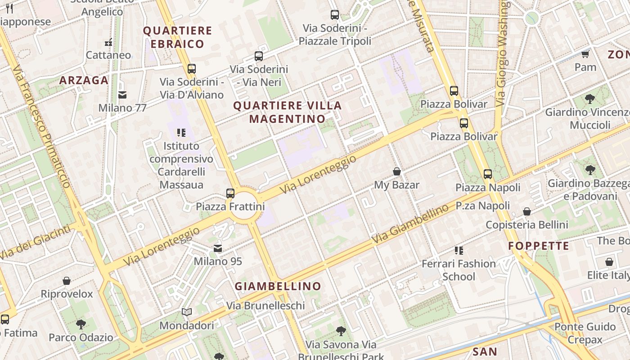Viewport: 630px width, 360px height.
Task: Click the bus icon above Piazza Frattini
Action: tap(230, 193)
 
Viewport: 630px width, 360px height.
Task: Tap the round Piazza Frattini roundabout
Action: tap(244, 206)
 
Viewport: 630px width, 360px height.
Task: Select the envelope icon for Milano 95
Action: tap(218, 248)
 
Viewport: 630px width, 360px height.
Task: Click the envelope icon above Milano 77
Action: tap(122, 95)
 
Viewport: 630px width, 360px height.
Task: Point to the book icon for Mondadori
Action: tap(187, 312)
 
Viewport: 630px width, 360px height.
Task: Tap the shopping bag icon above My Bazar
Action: tap(397, 171)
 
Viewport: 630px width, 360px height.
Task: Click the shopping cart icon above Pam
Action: tap(585, 54)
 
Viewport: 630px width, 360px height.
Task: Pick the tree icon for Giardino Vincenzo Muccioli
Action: tap(589, 99)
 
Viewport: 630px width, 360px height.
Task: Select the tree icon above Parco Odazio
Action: tap(81, 324)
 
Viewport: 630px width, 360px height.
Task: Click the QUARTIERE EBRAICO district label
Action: tap(177, 37)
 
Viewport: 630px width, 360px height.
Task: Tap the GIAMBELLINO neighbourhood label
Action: tap(278, 286)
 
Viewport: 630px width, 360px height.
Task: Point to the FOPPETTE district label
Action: tap(539, 246)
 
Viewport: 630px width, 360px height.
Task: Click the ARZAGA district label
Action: tap(84, 81)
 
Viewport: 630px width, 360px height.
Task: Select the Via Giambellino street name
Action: tap(410, 224)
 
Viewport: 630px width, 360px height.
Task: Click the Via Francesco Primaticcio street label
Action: tap(41, 127)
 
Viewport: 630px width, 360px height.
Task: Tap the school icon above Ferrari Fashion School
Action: tap(459, 250)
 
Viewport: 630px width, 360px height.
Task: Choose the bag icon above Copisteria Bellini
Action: tap(527, 211)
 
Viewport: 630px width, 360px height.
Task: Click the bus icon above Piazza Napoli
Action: tap(488, 174)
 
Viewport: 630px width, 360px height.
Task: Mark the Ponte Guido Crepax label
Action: tap(585, 333)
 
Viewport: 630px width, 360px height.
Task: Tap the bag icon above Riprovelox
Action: tap(67, 281)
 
